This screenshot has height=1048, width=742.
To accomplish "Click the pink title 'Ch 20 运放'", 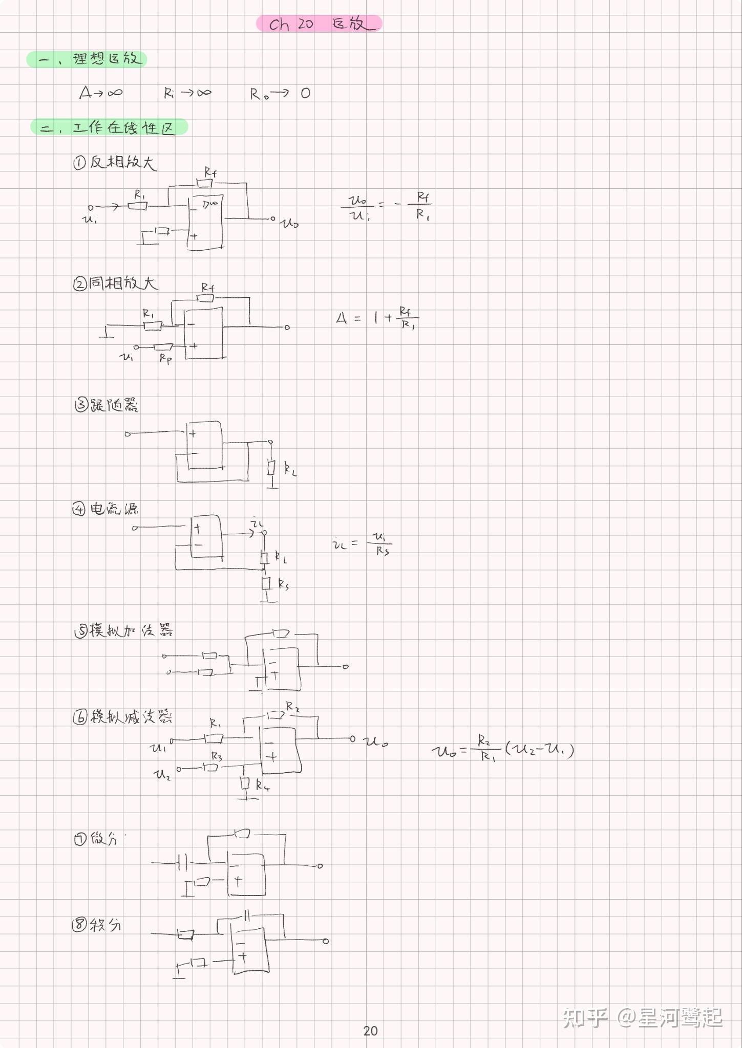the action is pos(319,24).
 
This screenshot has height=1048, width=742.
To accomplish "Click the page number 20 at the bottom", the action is pos(370,1031).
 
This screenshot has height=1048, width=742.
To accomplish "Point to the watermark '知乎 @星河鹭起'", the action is pos(642,1017).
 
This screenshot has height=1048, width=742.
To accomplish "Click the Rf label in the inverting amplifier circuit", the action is pos(210,172).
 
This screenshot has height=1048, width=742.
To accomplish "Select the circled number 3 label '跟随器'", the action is pos(105,405).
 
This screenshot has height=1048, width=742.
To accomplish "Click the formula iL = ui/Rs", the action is pos(362,543).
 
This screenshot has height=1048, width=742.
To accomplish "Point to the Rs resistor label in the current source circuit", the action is pos(283,584).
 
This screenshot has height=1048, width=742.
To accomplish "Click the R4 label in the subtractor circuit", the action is pos(263,785).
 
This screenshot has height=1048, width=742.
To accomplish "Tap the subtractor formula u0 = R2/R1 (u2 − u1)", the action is pos(502,750).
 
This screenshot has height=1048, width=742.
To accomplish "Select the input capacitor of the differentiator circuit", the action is pos(182,863).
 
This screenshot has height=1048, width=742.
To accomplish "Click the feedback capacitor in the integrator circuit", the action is pos(247,915).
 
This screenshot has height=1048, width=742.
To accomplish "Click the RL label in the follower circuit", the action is pos(290,469).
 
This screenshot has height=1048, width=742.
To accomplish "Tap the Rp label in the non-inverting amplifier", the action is pos(165,358).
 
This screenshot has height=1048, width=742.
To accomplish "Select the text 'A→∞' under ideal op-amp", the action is pos(101,93).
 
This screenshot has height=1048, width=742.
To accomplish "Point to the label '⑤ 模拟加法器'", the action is pos(123,630).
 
